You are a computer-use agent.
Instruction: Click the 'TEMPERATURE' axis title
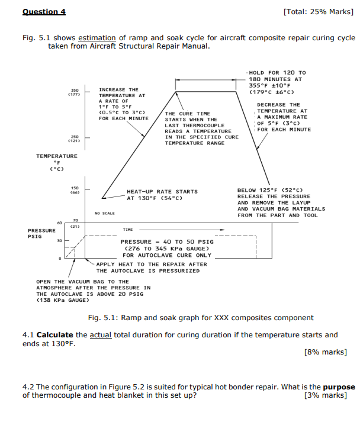(57, 156)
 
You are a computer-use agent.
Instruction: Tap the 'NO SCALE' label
(104, 212)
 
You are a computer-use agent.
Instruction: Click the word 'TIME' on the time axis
(127, 228)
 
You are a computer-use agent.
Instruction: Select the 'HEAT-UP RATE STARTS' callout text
(162, 191)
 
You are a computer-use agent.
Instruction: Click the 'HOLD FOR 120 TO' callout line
(277, 72)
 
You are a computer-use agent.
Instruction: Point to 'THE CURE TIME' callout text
(187, 113)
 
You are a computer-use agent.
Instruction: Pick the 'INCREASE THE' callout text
(118, 89)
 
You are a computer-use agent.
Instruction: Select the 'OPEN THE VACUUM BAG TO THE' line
(82, 282)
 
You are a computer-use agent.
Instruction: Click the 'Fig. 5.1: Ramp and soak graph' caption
(200, 318)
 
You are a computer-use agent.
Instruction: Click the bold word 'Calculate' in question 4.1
(55, 335)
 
